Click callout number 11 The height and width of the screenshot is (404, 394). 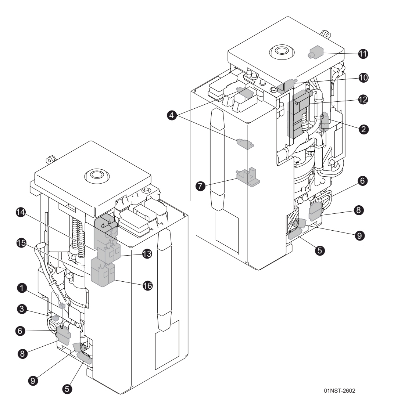[x=363, y=54]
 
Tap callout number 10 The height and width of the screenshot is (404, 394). [x=363, y=78]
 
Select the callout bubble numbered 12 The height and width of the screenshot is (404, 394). [x=363, y=100]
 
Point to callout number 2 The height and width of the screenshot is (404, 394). [x=363, y=129]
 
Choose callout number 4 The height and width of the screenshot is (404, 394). [x=171, y=115]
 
